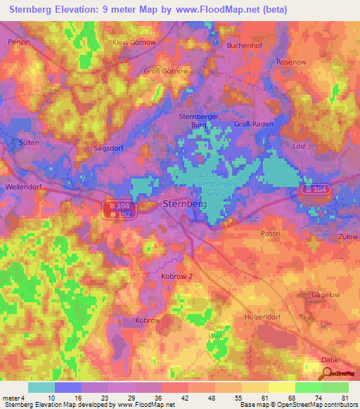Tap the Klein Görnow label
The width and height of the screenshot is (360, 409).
134,42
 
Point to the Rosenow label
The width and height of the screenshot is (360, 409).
292,61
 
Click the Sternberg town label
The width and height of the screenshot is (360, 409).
184,204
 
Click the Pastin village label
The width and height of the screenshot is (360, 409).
270,233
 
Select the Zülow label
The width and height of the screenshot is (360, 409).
348,238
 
